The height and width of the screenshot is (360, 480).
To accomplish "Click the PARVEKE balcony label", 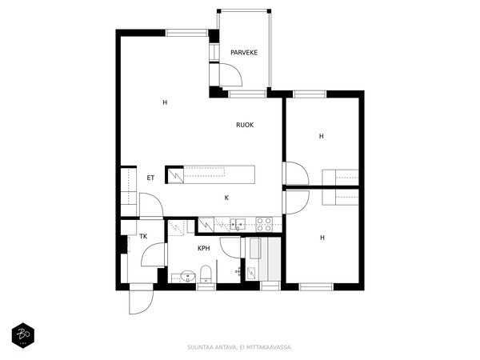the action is pos(244,53).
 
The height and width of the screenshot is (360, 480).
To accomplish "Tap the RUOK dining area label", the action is pos(245,125).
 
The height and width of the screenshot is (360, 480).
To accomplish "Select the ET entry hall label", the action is pos(150,178).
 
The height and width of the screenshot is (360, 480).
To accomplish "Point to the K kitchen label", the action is pos(227,198).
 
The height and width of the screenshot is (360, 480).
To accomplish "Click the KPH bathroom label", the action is pos(204,248).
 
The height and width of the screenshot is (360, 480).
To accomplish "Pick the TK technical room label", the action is pos(143,236).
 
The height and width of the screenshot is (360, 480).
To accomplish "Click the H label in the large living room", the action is pos(165,102).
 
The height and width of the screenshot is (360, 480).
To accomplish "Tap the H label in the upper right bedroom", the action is pos(321,136).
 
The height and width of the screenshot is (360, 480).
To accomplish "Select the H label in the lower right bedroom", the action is pos(322,238).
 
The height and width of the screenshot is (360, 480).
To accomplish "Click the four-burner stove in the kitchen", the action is pos(264,224).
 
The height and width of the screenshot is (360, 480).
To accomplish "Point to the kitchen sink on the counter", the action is pos(238,224).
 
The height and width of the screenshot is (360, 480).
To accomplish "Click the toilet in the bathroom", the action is pos(206,274).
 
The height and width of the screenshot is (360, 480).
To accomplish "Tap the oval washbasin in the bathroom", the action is pos(187,276).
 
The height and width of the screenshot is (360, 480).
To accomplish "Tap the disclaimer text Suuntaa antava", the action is pos(212,347).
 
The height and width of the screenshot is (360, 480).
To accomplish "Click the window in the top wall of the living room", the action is pos(186,33).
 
